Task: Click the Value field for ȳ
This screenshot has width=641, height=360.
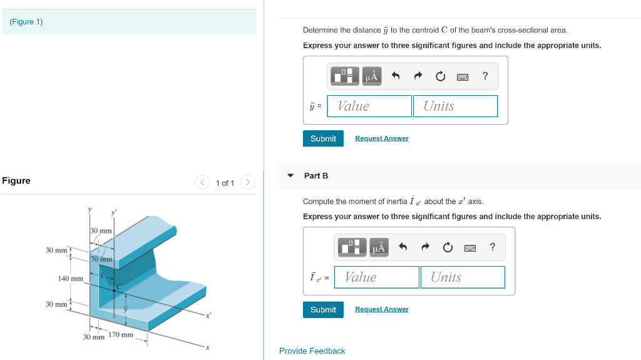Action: coord(369,106)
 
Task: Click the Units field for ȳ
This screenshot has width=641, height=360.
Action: coord(455,106)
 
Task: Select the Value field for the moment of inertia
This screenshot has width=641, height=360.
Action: coord(376,277)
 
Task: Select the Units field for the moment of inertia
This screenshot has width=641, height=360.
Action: coord(462,277)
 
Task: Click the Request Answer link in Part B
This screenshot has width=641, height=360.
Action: coord(381,309)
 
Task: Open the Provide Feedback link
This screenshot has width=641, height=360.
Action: coord(312,351)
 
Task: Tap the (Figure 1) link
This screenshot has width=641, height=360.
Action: coord(26,22)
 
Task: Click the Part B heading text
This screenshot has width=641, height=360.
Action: coord(316,176)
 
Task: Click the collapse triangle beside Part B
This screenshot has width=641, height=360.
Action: coord(290,175)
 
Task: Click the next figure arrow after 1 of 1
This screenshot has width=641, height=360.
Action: coord(248,183)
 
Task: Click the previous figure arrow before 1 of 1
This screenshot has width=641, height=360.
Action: coord(202,183)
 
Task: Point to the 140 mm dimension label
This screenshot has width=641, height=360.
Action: coord(70,278)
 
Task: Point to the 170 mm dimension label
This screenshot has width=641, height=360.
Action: coord(121,334)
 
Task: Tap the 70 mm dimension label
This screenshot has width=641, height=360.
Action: coord(101,259)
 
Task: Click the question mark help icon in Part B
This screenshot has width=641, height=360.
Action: coord(492,247)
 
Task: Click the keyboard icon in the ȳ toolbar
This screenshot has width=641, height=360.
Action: coord(463,77)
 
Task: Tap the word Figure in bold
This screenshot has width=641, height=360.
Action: coord(16,181)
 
